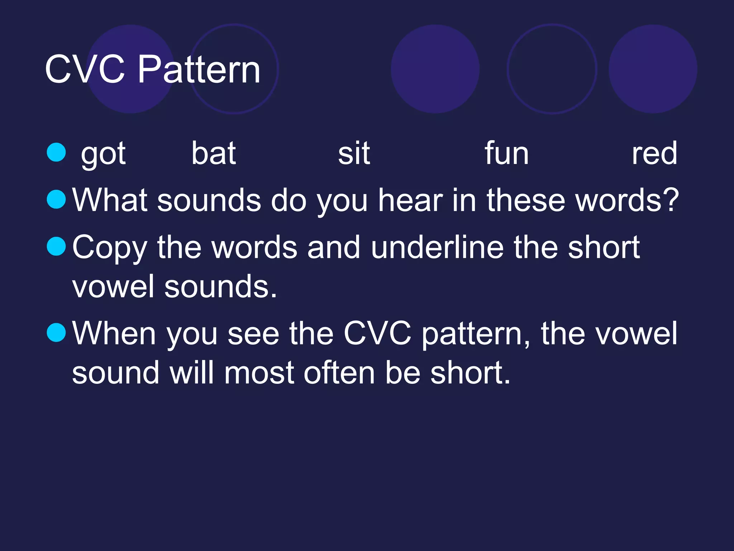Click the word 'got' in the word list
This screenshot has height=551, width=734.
[x=103, y=154]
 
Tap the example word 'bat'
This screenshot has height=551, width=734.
[x=214, y=154]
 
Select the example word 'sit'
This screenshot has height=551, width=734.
[x=354, y=154]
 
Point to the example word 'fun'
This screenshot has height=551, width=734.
[x=506, y=154]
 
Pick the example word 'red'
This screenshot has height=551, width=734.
[x=654, y=154]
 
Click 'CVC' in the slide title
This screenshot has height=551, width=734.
[x=85, y=70]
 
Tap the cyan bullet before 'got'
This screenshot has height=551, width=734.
[x=56, y=152]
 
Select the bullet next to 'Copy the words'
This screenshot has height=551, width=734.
[x=56, y=246]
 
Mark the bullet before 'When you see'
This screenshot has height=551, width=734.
[x=56, y=333]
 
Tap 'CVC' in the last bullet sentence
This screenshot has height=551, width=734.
[x=377, y=334]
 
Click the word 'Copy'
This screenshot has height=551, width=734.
[x=110, y=248]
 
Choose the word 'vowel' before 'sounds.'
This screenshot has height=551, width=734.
[x=113, y=287]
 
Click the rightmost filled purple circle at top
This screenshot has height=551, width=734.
[x=653, y=69]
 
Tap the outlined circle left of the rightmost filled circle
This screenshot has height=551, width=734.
[x=552, y=69]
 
